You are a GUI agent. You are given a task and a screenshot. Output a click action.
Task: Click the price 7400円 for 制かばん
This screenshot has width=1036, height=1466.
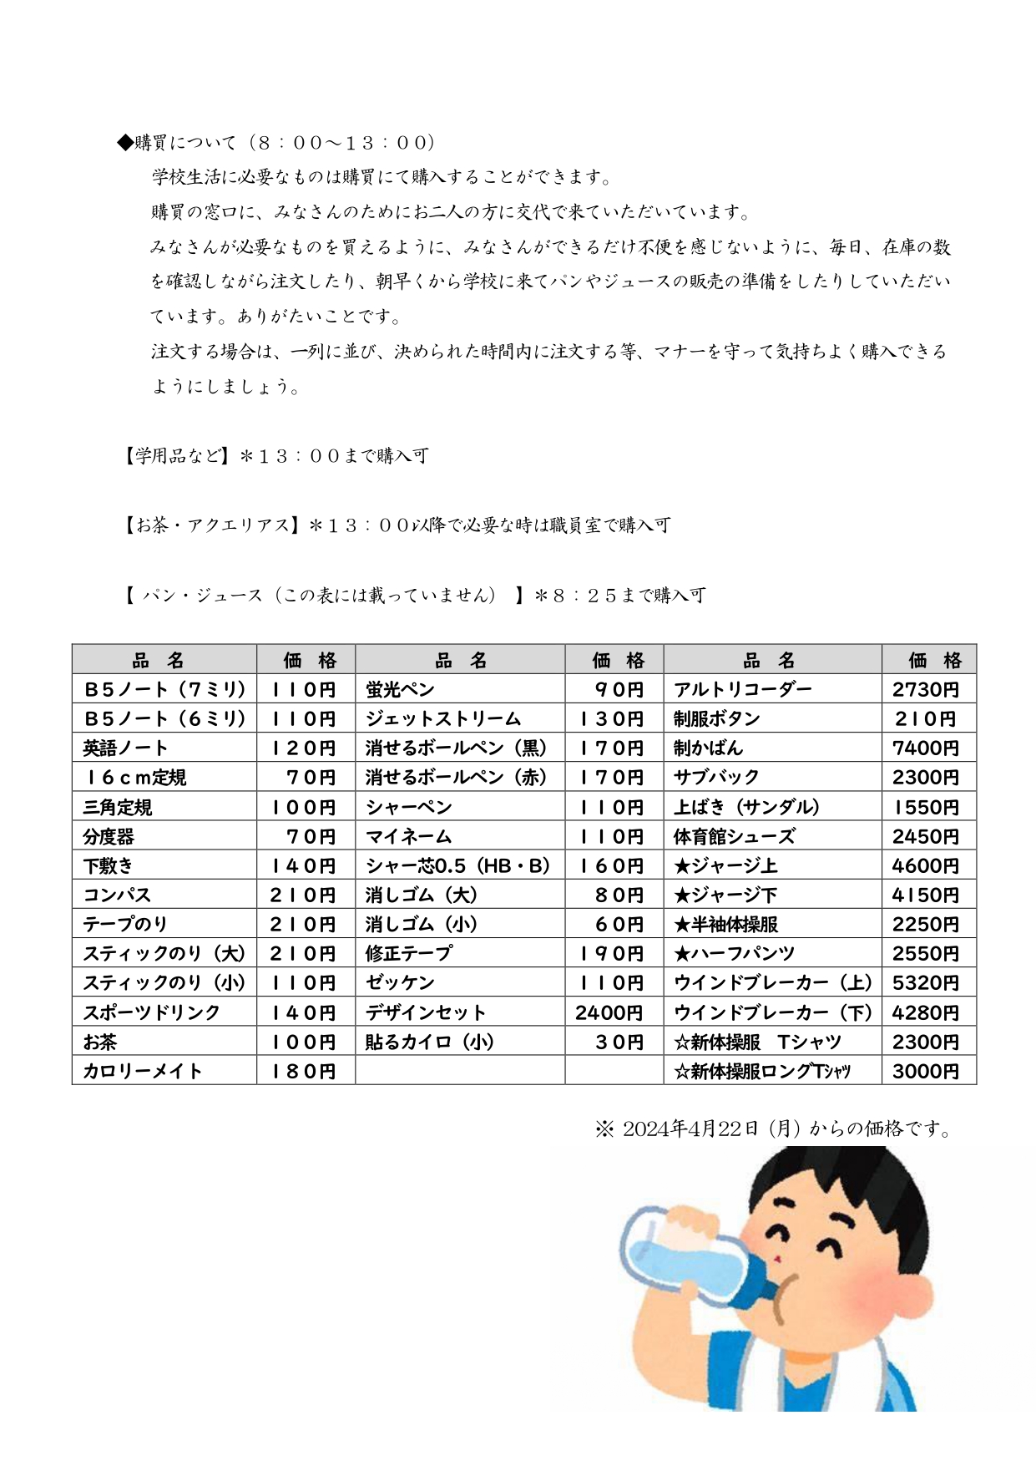[x=925, y=748]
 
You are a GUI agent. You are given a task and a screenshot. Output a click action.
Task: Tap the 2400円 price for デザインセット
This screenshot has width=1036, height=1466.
[x=609, y=1012]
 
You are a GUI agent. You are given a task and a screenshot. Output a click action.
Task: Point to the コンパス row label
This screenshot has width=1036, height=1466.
[x=117, y=895]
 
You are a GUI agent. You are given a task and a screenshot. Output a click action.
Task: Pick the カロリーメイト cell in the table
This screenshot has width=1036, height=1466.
[x=142, y=1071]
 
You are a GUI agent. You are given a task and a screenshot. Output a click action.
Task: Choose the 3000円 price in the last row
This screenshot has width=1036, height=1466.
[x=925, y=1071]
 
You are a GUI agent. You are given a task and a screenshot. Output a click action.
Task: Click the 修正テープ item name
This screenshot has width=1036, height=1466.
[x=409, y=953]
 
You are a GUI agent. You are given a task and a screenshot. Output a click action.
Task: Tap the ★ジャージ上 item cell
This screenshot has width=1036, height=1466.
[x=725, y=866]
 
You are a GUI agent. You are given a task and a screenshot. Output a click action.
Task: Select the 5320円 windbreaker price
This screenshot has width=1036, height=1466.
[x=925, y=983]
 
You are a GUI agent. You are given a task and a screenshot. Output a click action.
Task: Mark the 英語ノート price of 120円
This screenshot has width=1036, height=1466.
[x=302, y=748]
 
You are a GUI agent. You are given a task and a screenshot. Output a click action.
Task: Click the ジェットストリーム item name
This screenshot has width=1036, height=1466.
[x=442, y=719]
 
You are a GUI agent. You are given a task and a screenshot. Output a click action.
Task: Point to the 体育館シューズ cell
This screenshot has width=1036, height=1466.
[x=734, y=836]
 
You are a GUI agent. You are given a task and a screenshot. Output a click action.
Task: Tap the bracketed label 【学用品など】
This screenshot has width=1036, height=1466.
[x=175, y=456]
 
